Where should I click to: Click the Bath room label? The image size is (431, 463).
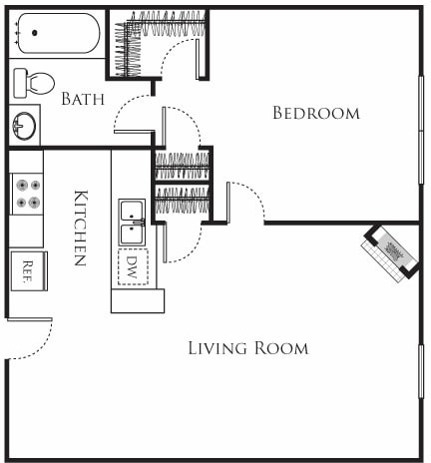click(81, 99)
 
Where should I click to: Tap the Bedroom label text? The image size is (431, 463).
click(315, 114)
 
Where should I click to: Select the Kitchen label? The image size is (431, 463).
click(80, 228)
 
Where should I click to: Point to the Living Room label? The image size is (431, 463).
click(248, 348)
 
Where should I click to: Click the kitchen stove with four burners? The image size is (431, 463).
click(27, 193)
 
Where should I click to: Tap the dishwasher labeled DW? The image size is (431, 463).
click(132, 266)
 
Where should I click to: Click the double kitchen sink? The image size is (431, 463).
click(132, 222)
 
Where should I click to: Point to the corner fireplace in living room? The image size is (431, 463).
click(390, 249)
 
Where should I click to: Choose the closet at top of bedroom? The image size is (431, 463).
click(160, 42)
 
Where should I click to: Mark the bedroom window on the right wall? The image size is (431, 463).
click(421, 130)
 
